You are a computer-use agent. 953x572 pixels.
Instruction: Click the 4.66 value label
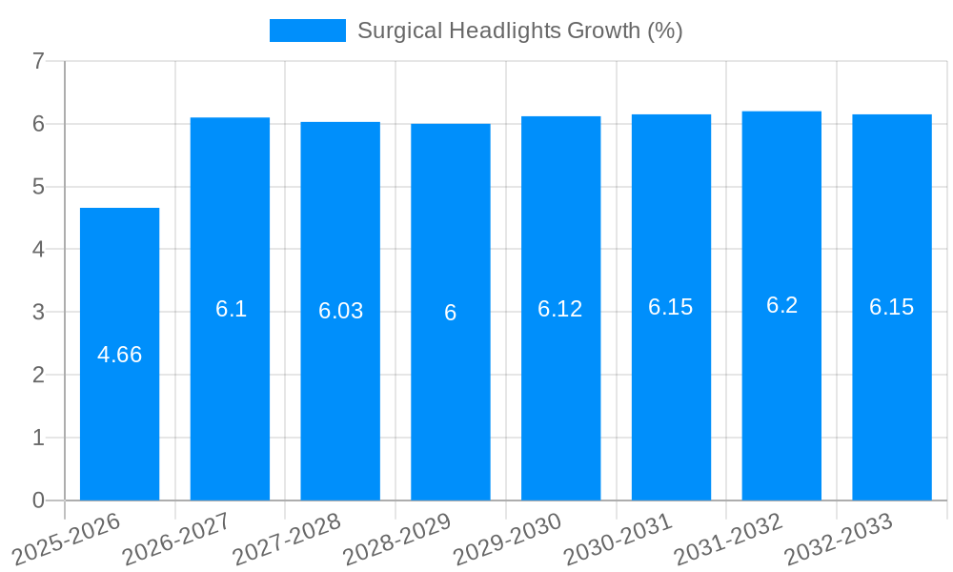(120, 355)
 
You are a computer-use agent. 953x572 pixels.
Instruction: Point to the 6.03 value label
(340, 311)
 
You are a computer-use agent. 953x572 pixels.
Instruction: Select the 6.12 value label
(560, 309)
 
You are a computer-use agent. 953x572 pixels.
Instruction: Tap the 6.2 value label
(781, 305)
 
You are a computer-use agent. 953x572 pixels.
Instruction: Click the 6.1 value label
(231, 309)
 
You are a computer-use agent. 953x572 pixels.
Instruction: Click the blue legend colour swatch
(307, 31)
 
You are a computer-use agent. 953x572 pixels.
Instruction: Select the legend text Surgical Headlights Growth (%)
(519, 31)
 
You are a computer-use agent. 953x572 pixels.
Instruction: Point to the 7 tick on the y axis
(38, 61)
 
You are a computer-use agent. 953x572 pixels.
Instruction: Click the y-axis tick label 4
(38, 250)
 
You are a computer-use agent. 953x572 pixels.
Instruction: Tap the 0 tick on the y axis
(38, 500)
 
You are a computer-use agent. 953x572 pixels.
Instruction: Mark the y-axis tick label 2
(38, 375)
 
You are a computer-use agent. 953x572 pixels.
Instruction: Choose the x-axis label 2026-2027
(177, 540)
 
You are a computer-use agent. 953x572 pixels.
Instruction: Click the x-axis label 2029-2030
(508, 540)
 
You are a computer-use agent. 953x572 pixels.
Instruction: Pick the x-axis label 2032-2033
(839, 540)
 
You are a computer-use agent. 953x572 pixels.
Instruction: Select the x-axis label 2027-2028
(287, 540)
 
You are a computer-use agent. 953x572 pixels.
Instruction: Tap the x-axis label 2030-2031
(618, 540)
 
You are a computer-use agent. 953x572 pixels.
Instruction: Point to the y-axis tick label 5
(38, 187)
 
